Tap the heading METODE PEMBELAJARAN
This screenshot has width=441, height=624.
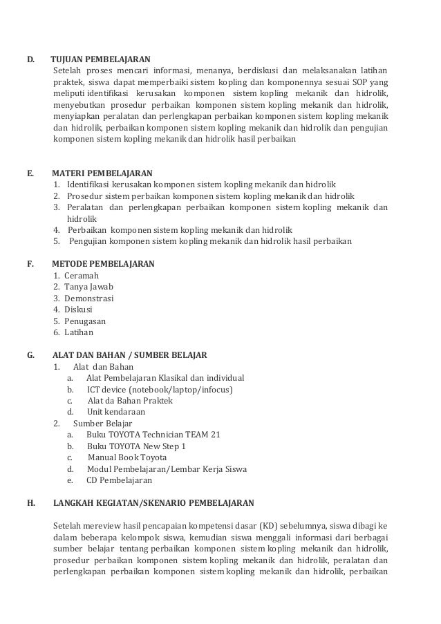tap(104, 264)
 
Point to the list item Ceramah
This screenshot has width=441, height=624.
tap(82, 276)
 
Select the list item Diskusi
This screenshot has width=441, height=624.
tap(78, 310)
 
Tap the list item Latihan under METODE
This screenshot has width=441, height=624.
tap(78, 332)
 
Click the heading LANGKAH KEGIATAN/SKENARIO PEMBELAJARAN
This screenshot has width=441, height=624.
tap(153, 503)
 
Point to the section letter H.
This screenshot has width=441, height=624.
tap(30, 503)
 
